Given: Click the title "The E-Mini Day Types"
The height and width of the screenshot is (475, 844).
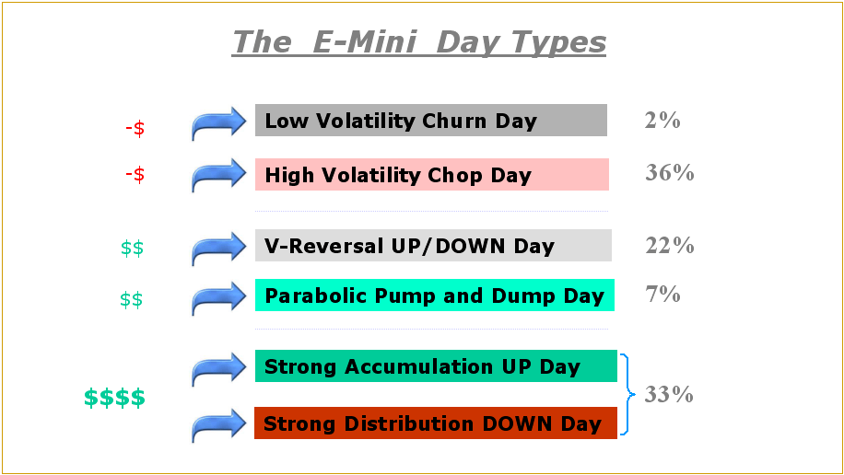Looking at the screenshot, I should [419, 41].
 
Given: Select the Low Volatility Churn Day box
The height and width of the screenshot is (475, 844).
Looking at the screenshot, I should [430, 121].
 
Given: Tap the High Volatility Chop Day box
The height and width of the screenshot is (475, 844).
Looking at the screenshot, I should [431, 174].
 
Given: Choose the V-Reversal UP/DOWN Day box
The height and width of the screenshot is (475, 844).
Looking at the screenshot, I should [433, 246].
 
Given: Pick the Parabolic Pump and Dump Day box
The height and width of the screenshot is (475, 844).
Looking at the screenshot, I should [434, 295].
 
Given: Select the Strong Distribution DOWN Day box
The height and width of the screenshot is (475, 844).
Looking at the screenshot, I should [436, 423].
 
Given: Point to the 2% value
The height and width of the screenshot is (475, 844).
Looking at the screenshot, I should [662, 120].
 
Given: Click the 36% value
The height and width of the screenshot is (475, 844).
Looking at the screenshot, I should [670, 172].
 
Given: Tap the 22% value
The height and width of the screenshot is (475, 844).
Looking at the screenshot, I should [670, 245].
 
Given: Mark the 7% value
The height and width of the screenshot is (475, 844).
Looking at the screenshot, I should [662, 295].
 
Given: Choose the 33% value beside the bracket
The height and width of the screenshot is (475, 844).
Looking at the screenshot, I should [670, 395].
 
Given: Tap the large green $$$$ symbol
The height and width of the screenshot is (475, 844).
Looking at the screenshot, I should [114, 399].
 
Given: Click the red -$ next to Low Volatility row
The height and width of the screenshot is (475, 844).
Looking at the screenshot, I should [135, 129].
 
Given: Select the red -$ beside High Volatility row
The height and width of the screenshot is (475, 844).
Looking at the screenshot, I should [135, 175].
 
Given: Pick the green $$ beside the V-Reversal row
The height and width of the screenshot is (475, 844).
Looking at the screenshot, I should [132, 248].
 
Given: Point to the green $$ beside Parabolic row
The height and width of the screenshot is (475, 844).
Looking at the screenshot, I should [132, 300].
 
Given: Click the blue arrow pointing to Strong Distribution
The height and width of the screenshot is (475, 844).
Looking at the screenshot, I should [219, 426].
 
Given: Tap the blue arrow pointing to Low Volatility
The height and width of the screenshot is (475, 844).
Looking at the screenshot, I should [219, 122].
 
